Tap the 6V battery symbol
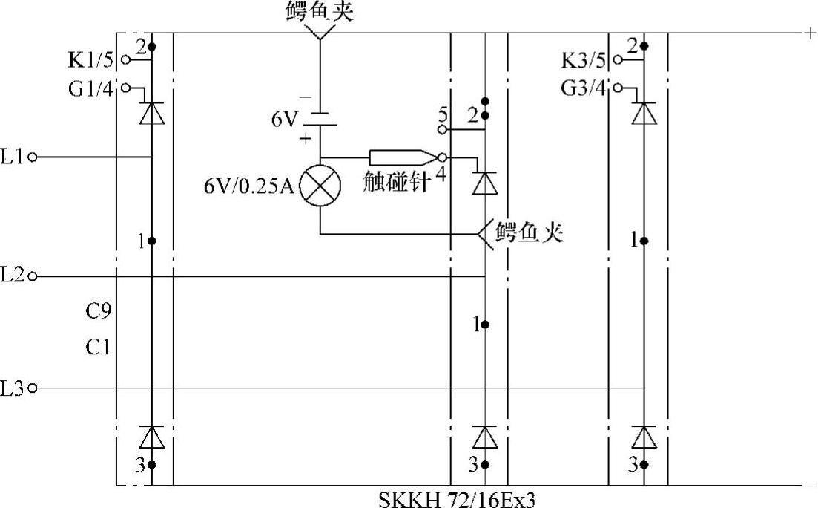tap(320, 119)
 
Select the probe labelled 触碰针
tap(400, 157)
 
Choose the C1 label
tap(98, 346)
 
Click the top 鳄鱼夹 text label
tap(320, 12)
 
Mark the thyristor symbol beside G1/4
tap(152, 112)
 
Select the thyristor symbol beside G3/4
tap(644, 112)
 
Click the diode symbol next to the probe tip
tap(484, 182)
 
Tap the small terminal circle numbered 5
tap(442, 129)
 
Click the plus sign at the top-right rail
tap(805, 33)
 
